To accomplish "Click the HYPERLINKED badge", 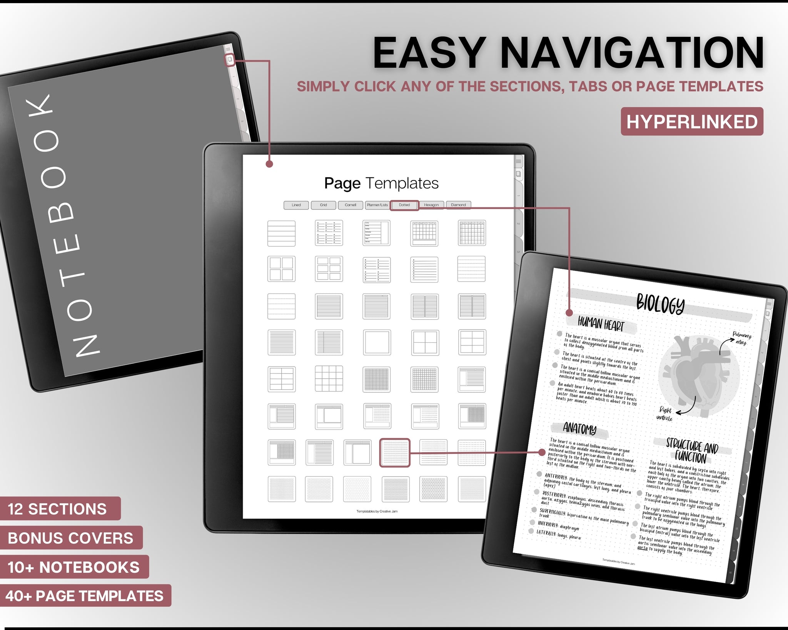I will click(692, 122).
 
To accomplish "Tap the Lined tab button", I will click(296, 205).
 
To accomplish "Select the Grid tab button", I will click(323, 205).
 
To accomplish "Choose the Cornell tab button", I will click(350, 205).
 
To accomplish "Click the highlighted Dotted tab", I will click(404, 205).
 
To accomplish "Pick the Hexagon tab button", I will click(431, 205).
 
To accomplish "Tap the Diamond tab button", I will click(458, 205).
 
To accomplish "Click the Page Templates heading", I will click(381, 183).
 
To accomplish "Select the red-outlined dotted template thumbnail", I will click(395, 453).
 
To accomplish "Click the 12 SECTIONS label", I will click(57, 509).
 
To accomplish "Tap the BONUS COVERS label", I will click(70, 538).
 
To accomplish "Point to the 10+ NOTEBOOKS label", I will click(73, 567).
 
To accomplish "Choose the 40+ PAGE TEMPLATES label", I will click(84, 596).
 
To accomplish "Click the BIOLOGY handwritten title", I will click(660, 304).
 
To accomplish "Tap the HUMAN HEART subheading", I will click(601, 324).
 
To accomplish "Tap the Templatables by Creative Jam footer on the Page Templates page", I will click(377, 511).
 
